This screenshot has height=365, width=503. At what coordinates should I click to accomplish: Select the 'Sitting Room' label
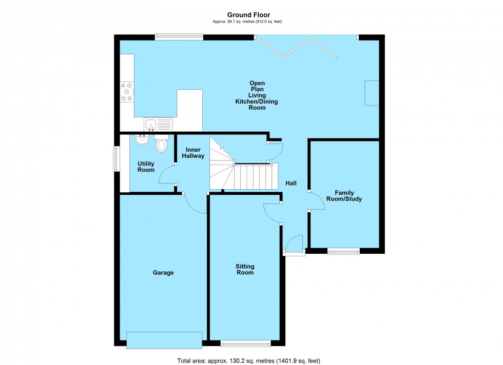245,270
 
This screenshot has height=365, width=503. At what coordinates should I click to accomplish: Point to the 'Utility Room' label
146,167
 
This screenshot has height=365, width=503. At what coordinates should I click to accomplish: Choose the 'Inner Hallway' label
193,152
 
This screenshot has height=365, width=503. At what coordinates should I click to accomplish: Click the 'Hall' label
291,184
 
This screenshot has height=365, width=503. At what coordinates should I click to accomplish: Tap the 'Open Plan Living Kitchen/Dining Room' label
257,95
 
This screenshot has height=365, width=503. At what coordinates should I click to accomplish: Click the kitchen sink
158,124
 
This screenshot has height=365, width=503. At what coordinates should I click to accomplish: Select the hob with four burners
126,92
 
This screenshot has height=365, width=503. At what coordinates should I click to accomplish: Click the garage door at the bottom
164,340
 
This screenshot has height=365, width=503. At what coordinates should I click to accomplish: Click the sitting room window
245,343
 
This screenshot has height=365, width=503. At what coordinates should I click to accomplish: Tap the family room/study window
343,251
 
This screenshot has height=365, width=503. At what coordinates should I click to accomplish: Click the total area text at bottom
248,361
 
